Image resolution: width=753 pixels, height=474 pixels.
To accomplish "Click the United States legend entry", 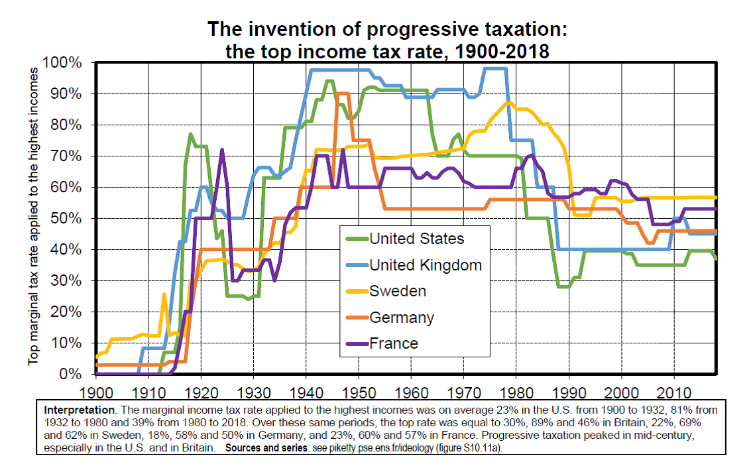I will [416, 239].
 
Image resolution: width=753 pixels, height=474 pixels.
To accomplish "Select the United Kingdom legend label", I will [425, 265].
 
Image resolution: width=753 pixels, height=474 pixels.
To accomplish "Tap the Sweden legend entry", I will [397, 291].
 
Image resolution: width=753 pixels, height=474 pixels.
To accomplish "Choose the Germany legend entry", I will [401, 318].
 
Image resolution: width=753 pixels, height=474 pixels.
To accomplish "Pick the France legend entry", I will [394, 343].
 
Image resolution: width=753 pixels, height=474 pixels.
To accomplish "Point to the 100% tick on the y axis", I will [63, 63].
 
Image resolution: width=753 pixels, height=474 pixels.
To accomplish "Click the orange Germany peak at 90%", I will [343, 93].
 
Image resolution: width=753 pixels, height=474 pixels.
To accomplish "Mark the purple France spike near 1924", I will [222, 150].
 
